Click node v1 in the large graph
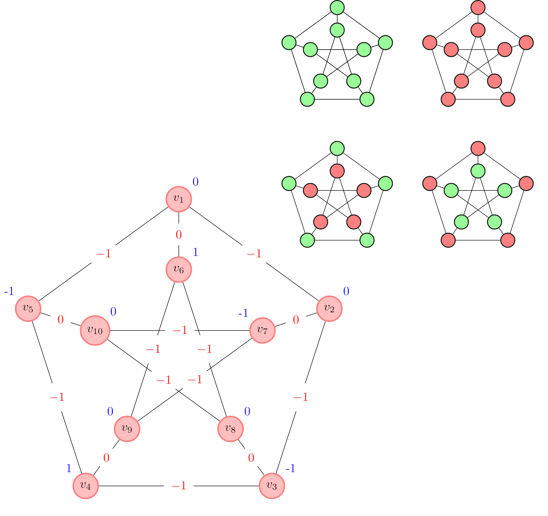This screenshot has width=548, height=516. coord(179,199)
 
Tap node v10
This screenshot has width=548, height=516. coord(95,330)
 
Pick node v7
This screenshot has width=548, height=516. coord(262,330)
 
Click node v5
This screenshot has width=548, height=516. coord(28,309)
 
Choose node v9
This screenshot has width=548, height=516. coord(127,429)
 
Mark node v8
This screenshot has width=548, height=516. coord(230,429)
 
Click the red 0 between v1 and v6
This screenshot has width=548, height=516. coord(179,235)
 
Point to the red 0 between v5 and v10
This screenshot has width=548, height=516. coord(61,320)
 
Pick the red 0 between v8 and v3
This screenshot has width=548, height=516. coord(251,458)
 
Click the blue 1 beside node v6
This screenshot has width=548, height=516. coord(195,252)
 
